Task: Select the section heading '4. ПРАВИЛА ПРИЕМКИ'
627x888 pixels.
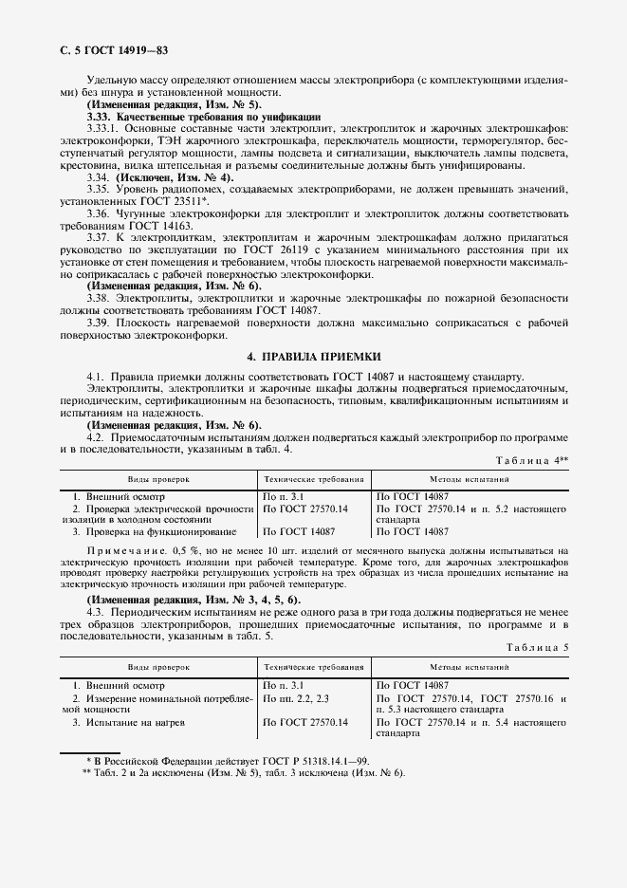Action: coord(313,357)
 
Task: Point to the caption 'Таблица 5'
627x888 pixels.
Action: coord(539,647)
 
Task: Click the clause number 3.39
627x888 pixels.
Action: coord(100,323)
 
